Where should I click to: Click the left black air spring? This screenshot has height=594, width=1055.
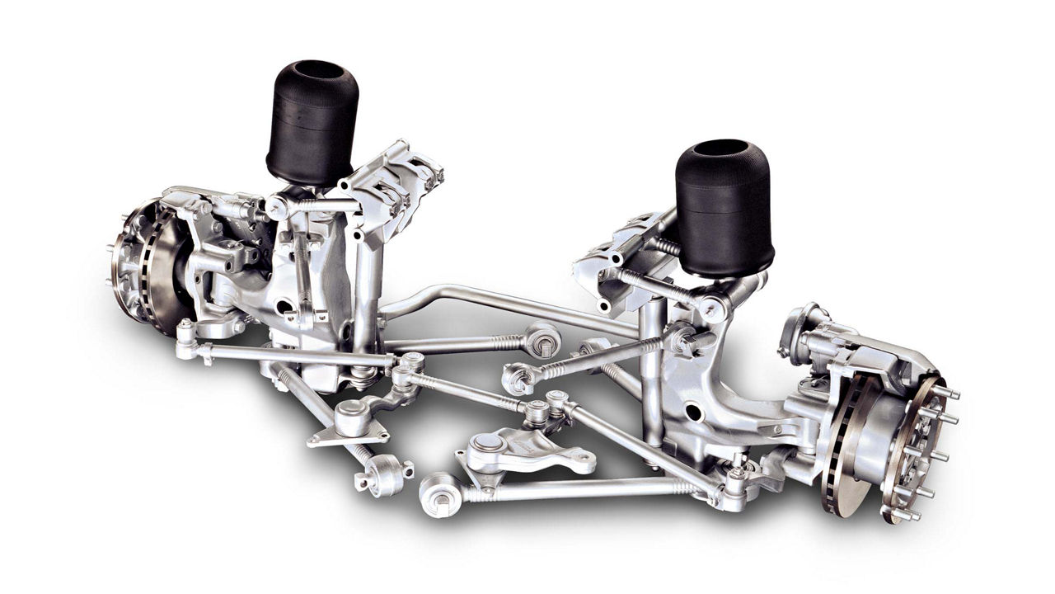312,124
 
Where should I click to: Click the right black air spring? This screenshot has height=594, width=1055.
724,210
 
